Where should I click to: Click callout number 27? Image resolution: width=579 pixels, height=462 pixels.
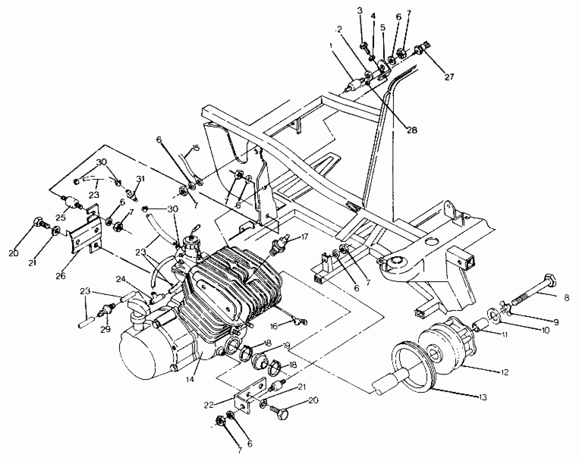point(449,77)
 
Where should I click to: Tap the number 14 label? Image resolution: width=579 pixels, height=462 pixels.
point(190,379)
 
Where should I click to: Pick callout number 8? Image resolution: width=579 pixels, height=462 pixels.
point(566,298)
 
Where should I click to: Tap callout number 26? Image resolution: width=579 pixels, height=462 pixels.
point(61,276)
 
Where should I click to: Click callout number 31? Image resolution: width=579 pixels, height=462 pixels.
point(141,179)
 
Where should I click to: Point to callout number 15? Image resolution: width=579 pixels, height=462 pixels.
point(196,148)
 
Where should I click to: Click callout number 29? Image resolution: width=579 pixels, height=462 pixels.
point(106,329)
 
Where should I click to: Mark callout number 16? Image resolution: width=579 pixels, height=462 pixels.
point(274,326)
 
